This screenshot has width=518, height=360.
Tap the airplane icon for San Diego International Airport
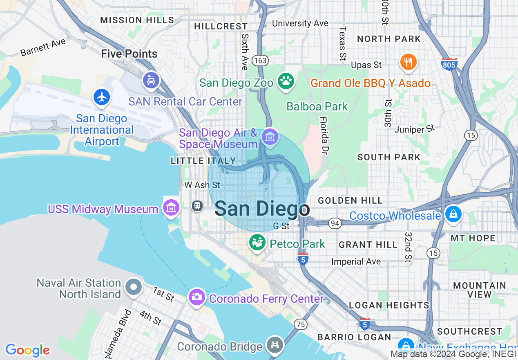coord(102,97)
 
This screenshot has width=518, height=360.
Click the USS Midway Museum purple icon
coord(172,208)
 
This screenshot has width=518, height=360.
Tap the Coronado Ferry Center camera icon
coord(196,297)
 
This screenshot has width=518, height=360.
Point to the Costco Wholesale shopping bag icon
coord(453,214)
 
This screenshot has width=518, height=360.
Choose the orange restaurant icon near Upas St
coord(408,62)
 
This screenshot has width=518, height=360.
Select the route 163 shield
coord(260,61)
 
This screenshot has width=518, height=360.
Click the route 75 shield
coord(300,324)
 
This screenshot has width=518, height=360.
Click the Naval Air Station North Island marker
coord(134,287)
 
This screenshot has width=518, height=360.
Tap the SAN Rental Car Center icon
coord(151,80)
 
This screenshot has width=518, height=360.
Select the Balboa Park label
coord(317,106)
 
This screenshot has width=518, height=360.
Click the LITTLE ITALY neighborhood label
coord(203,161)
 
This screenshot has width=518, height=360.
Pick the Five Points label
coord(129,54)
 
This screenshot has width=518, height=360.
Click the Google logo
coord(27,350)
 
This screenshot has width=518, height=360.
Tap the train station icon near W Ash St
coord(198,205)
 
